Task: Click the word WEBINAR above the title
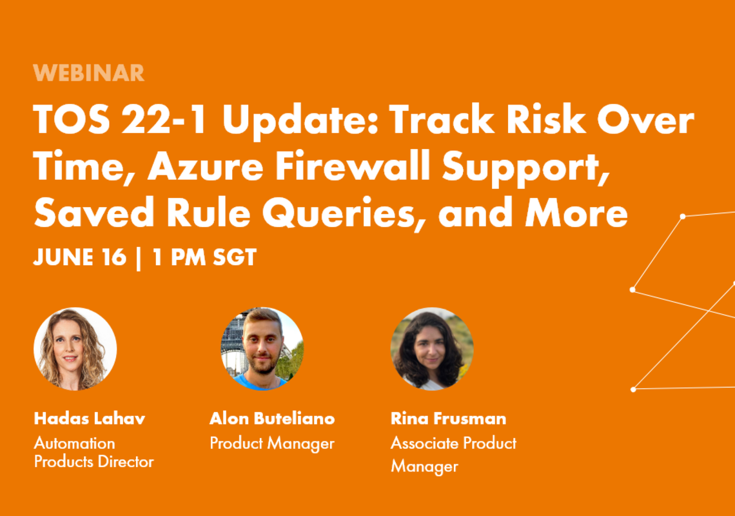click(x=88, y=73)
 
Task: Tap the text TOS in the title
click(x=72, y=119)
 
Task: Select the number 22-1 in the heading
click(x=164, y=119)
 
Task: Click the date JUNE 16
click(x=80, y=257)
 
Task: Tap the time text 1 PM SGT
click(x=204, y=257)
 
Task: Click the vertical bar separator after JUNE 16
click(x=138, y=258)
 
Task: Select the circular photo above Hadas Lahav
click(x=75, y=349)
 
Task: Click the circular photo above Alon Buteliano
click(x=262, y=349)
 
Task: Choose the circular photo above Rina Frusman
click(x=432, y=349)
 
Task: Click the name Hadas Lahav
click(x=90, y=419)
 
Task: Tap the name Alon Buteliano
click(x=272, y=419)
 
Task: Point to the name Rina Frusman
click(x=449, y=419)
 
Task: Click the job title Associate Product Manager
click(x=453, y=455)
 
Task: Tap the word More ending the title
click(x=576, y=213)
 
